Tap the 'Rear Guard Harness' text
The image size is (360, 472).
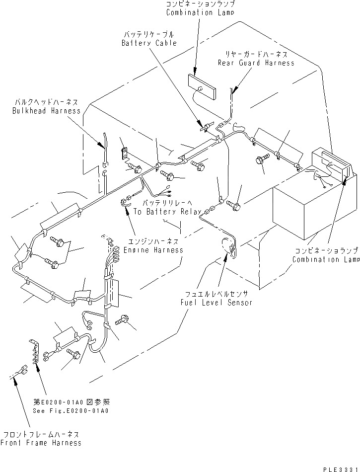coord(256,63)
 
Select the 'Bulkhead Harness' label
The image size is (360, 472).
coord(46,111)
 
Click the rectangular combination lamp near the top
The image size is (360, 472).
coord(203,87)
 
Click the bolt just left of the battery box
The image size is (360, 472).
coord(261,160)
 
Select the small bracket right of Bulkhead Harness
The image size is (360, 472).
coord(125,153)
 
